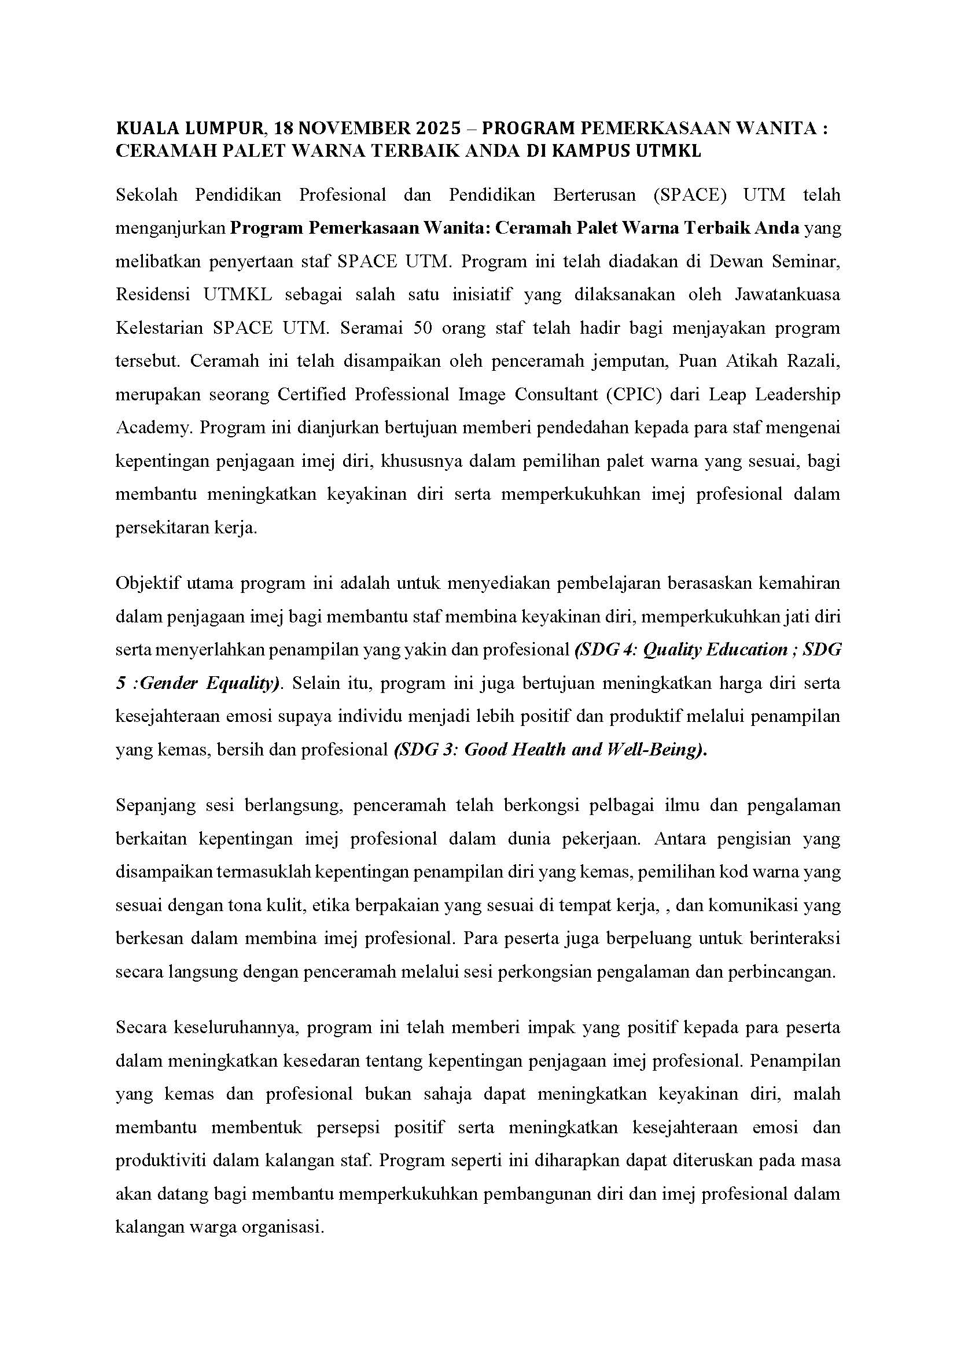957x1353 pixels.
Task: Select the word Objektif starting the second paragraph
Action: click(x=148, y=584)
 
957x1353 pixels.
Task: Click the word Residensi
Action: click(x=153, y=294)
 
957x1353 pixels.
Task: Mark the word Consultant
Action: click(x=555, y=395)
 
